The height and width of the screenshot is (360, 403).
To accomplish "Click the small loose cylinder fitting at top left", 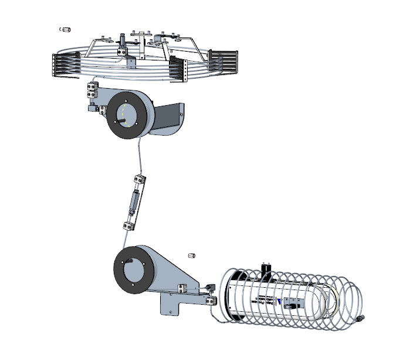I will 66,28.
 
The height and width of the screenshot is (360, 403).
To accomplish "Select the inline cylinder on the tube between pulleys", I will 134,201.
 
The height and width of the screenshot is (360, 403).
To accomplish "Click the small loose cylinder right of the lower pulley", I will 191,255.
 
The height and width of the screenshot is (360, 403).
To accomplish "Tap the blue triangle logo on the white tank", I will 279,301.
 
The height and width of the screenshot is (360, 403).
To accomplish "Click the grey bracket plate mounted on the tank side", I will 293,304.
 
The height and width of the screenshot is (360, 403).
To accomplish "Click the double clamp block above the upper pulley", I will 92,89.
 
